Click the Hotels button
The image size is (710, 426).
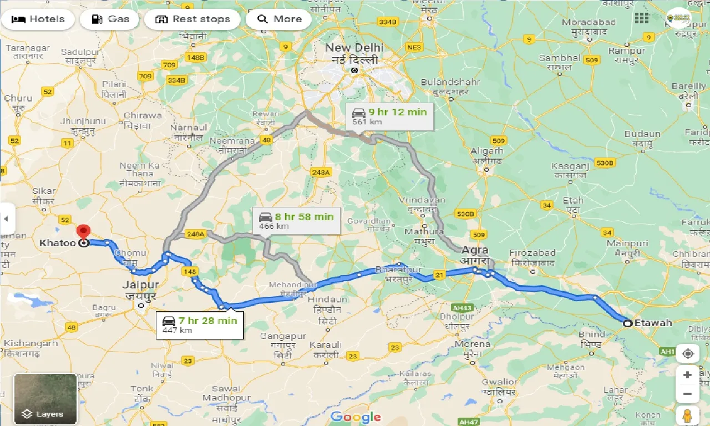pyautogui.click(x=38, y=19)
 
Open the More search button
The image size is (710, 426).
pyautogui.click(x=280, y=19)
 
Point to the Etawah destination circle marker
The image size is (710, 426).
pyautogui.click(x=627, y=323)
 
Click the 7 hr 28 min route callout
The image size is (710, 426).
pyautogui.click(x=200, y=324)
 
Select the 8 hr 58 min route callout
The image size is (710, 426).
pyautogui.click(x=288, y=220)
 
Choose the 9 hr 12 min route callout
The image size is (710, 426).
pyautogui.click(x=389, y=116)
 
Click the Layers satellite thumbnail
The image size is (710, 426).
pyautogui.click(x=45, y=399)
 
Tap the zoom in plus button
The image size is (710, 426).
pyautogui.click(x=688, y=375)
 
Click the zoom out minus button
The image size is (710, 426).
pyautogui.click(x=688, y=394)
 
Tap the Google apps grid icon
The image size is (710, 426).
pyautogui.click(x=641, y=18)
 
